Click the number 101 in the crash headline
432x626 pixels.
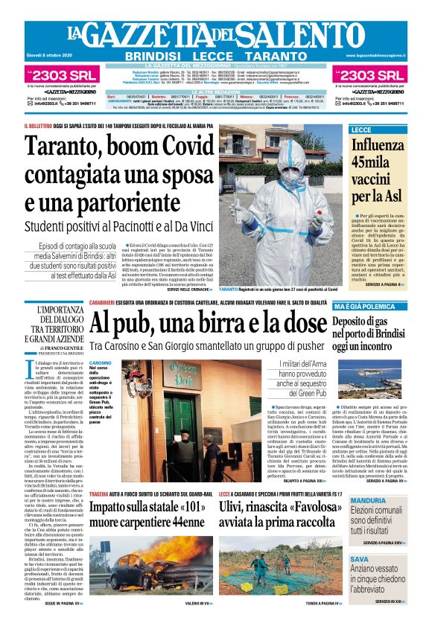coord(176,507)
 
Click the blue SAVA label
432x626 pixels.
coord(360,558)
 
